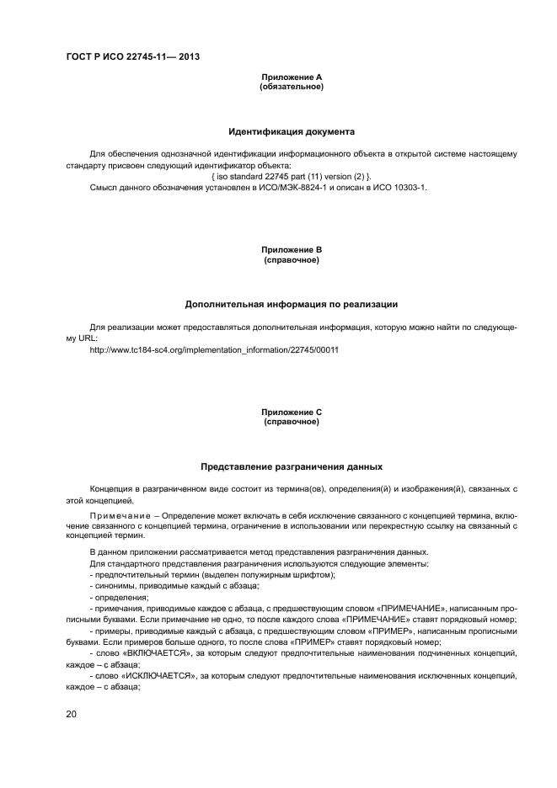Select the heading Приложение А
coord(292,77)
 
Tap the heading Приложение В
coord(292,250)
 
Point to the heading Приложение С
coord(292,412)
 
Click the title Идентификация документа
coord(292,131)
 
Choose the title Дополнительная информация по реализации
coord(292,304)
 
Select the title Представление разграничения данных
coord(292,466)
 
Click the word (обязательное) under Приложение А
coord(292,86)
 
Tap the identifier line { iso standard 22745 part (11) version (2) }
coord(292,175)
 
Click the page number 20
coord(72,714)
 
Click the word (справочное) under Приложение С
coord(292,421)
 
